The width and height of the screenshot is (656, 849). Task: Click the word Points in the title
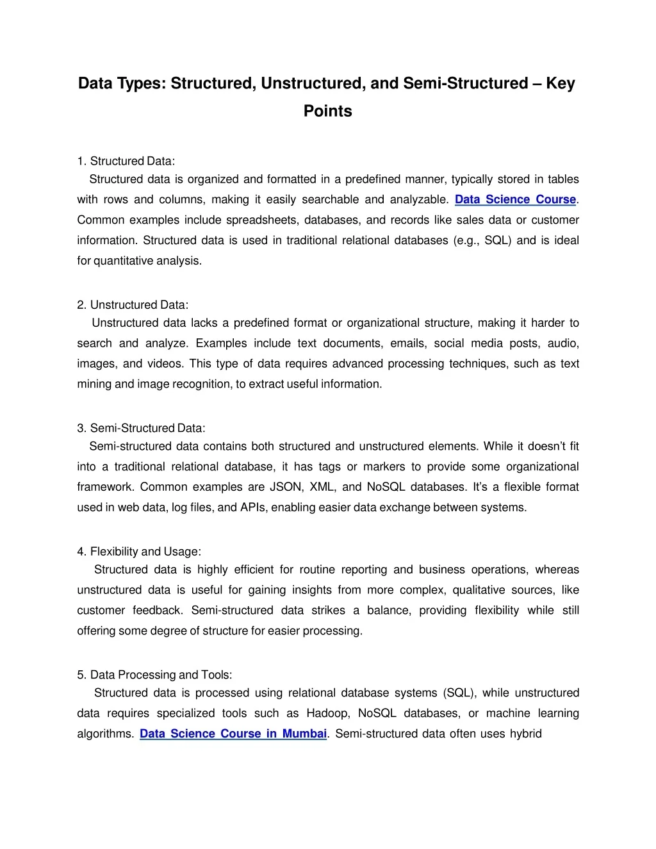point(327,111)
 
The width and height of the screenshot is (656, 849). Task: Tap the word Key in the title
point(560,84)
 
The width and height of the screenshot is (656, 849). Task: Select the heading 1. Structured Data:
point(126,161)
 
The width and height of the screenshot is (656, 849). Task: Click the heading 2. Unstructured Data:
point(133,305)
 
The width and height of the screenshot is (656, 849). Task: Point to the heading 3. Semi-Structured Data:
point(141,428)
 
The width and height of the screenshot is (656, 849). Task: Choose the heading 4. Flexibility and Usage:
point(139,552)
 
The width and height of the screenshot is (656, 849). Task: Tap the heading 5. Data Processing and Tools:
point(154,675)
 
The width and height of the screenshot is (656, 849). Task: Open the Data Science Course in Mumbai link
point(233,734)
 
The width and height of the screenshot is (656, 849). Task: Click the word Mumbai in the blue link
point(304,734)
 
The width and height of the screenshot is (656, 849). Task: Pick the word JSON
point(286,487)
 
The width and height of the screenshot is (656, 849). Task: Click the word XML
point(322,487)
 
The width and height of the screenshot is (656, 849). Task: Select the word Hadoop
point(328,713)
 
